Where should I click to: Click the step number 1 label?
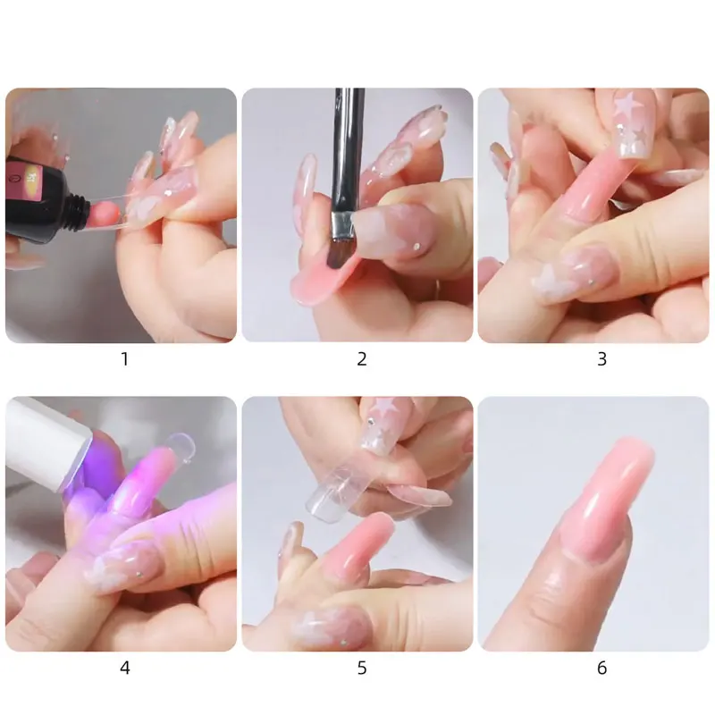124,359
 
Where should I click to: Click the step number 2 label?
362,359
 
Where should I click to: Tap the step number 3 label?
601,359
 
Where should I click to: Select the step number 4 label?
124,668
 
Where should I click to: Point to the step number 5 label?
362,668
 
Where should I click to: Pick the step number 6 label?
601,668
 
